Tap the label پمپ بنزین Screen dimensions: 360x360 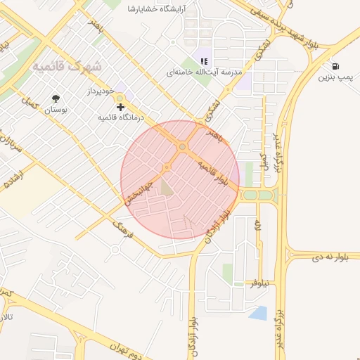tap(335, 76)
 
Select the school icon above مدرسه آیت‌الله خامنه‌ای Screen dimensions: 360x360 tap(205, 61)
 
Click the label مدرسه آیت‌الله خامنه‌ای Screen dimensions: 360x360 tap(204, 72)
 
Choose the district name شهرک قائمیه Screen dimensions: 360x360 tap(67, 66)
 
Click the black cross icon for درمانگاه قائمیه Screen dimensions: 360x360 tap(121, 108)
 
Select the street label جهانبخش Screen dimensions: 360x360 tap(139, 189)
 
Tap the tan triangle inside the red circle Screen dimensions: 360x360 tap(166, 187)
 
